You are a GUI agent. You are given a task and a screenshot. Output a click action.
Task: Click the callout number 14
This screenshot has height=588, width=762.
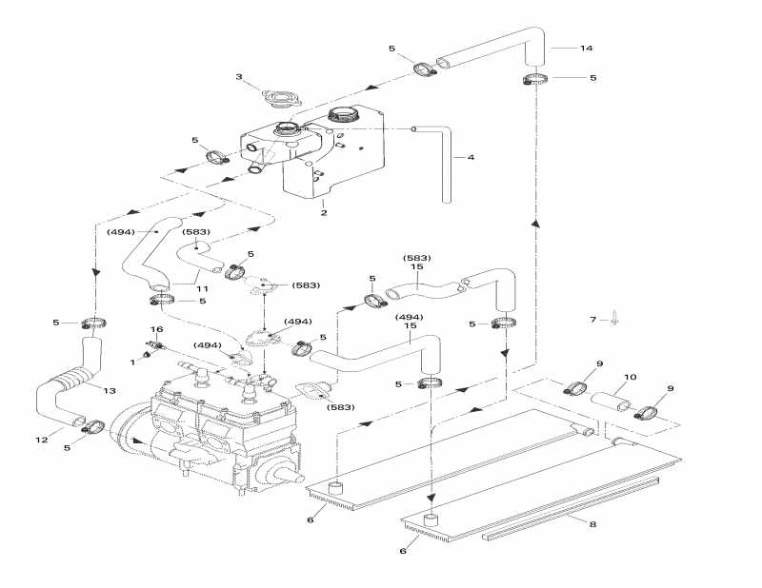click(x=586, y=48)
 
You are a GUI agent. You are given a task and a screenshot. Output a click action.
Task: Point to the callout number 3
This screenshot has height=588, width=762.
click(x=239, y=77)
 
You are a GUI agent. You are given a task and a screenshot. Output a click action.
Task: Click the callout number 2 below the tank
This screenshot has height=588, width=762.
click(x=324, y=213)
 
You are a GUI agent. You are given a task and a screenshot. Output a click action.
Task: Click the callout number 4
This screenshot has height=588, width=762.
click(x=470, y=158)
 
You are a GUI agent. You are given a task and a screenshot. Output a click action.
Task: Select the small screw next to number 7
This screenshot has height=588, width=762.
click(x=614, y=320)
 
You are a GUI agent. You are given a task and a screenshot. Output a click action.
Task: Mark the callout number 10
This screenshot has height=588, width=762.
click(x=630, y=377)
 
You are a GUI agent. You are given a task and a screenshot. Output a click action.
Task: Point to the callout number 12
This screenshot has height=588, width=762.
click(x=41, y=439)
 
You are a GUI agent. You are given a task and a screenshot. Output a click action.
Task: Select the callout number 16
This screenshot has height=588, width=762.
click(x=158, y=328)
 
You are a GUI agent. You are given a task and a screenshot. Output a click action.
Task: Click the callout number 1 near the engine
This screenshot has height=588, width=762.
click(x=132, y=362)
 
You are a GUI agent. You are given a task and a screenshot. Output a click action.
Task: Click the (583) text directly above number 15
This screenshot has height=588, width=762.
click(x=417, y=258)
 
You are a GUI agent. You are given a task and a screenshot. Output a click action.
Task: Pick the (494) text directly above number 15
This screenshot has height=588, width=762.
click(x=409, y=317)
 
